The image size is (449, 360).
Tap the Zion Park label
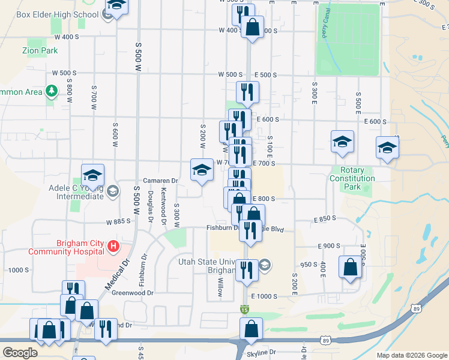[x=40, y=51]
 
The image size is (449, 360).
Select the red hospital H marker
[x=112, y=246]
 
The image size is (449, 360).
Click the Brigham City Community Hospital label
[x=80, y=247]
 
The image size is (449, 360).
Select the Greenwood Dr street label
[x=133, y=293]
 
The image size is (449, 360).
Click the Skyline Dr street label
[x=264, y=352]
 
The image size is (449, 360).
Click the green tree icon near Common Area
[x=52, y=91]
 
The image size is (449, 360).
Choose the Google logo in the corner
[x=19, y=352]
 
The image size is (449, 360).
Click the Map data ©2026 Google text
[x=411, y=355]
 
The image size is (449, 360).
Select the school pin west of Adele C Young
[x=93, y=175]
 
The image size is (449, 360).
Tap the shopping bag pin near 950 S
[x=350, y=268]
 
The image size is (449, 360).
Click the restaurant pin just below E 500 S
[x=247, y=92]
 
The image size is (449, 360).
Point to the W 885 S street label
[x=118, y=222]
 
